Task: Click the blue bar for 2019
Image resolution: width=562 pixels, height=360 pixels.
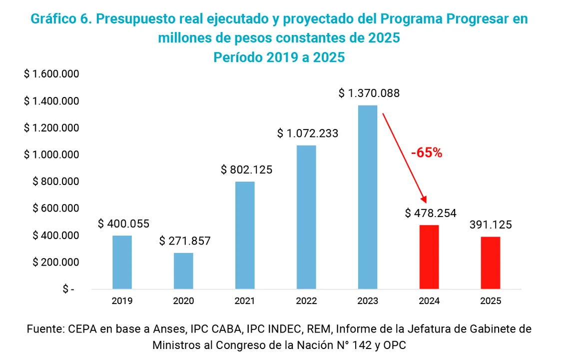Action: [122, 262]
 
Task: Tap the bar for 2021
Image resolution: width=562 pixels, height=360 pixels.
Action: [245, 235]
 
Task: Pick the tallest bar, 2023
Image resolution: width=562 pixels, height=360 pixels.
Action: [368, 197]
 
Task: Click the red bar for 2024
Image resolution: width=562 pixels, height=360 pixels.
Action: [429, 257]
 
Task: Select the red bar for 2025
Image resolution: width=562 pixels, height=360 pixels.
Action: [490, 262]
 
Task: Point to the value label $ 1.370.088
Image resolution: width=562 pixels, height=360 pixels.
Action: [369, 93]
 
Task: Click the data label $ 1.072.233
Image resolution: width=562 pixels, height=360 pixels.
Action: [308, 133]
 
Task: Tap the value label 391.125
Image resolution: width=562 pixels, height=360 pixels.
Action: [490, 225]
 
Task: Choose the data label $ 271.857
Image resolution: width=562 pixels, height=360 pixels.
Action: [185, 241]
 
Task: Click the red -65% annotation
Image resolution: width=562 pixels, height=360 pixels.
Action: [427, 153]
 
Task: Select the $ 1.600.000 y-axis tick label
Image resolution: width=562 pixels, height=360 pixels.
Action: [51, 74]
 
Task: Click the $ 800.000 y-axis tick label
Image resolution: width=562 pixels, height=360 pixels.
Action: [55, 181]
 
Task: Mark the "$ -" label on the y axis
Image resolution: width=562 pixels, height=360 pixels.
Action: [68, 289]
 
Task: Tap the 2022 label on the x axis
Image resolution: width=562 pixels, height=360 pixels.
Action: [306, 301]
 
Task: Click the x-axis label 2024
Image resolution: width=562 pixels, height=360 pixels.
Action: [429, 301]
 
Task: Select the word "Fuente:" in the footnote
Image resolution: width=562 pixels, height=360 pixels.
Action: [45, 329]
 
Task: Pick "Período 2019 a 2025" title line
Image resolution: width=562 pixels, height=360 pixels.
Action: [279, 57]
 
